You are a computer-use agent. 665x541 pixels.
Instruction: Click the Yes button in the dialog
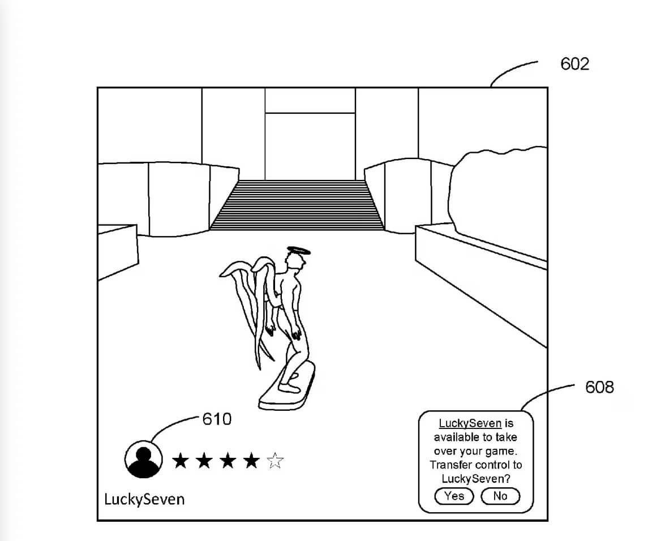[x=454, y=496]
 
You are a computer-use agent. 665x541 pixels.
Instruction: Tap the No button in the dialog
[x=500, y=496]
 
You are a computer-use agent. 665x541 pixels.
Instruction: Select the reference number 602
[x=574, y=64]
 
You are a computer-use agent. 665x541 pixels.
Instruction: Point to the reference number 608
[x=599, y=388]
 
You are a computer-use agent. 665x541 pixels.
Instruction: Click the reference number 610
[x=217, y=419]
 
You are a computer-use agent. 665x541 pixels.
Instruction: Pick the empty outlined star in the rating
[x=275, y=461]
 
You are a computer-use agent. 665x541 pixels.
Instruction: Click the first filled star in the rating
[x=181, y=461]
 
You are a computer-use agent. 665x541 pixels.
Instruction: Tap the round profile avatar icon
[x=144, y=459]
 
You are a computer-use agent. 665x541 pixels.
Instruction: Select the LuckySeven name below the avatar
[x=144, y=499]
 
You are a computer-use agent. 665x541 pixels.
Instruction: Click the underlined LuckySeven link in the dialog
[x=470, y=423]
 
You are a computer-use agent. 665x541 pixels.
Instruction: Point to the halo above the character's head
[x=299, y=250]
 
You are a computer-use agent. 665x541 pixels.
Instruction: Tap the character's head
[x=294, y=261]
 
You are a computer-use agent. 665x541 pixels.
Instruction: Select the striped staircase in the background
[x=297, y=205]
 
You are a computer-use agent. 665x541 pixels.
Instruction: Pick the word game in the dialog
[x=501, y=451]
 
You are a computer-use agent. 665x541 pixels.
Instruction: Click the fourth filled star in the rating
[x=251, y=461]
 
